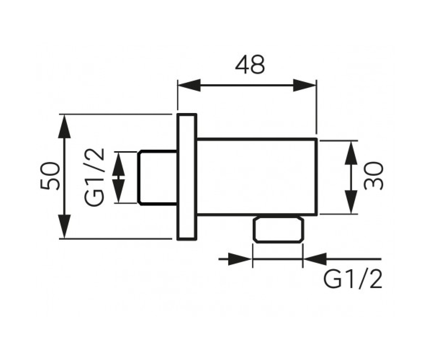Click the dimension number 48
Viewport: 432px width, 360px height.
click(x=250, y=64)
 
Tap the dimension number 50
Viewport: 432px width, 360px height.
click(x=50, y=176)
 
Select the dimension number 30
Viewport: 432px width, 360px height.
click(x=373, y=176)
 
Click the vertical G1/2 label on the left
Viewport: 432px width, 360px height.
click(x=94, y=177)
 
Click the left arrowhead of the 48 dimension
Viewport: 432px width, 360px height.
click(x=189, y=85)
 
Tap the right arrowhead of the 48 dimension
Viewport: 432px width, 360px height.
click(x=305, y=85)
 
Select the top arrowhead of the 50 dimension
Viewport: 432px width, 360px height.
click(x=64, y=126)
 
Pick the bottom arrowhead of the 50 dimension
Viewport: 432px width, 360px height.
click(x=64, y=226)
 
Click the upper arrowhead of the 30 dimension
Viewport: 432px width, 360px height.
click(x=351, y=153)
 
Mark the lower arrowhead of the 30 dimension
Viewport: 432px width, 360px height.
click(x=351, y=202)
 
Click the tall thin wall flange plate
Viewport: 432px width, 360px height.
click(x=186, y=177)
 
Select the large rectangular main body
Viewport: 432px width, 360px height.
click(x=257, y=177)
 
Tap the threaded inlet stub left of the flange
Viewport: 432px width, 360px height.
click(x=157, y=177)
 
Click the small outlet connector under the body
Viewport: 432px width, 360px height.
click(x=279, y=229)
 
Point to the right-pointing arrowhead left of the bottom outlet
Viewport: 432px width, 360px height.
click(x=240, y=259)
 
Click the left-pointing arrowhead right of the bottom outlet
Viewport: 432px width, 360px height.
click(x=315, y=259)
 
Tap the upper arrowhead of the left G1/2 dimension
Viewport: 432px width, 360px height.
click(x=118, y=165)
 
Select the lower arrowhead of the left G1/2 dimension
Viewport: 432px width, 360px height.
click(x=118, y=191)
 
